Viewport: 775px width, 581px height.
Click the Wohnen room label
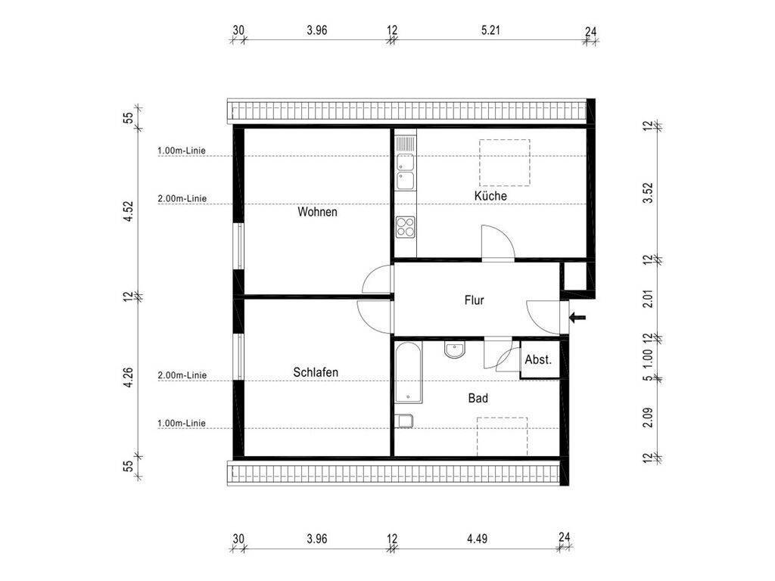[x=317, y=212]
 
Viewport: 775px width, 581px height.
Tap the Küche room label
[x=490, y=196]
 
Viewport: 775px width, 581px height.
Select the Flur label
[x=474, y=300]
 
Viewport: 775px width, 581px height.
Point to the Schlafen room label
[x=316, y=372]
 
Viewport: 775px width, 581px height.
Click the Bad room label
[x=478, y=398]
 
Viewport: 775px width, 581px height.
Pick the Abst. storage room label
[x=538, y=359]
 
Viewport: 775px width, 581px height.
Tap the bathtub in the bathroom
[x=408, y=372]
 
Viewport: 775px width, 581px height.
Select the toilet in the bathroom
[x=404, y=421]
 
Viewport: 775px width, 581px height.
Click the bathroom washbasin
[x=454, y=350]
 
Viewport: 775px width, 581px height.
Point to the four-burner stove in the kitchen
[x=406, y=227]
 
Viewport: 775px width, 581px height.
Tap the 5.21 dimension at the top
[x=490, y=30]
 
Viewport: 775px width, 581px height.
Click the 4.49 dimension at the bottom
[x=477, y=538]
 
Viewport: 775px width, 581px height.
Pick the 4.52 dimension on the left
[x=128, y=211]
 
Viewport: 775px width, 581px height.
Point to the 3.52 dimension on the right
[x=648, y=193]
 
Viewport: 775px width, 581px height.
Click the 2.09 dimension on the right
[x=648, y=418]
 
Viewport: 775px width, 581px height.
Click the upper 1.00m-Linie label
[x=182, y=151]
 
